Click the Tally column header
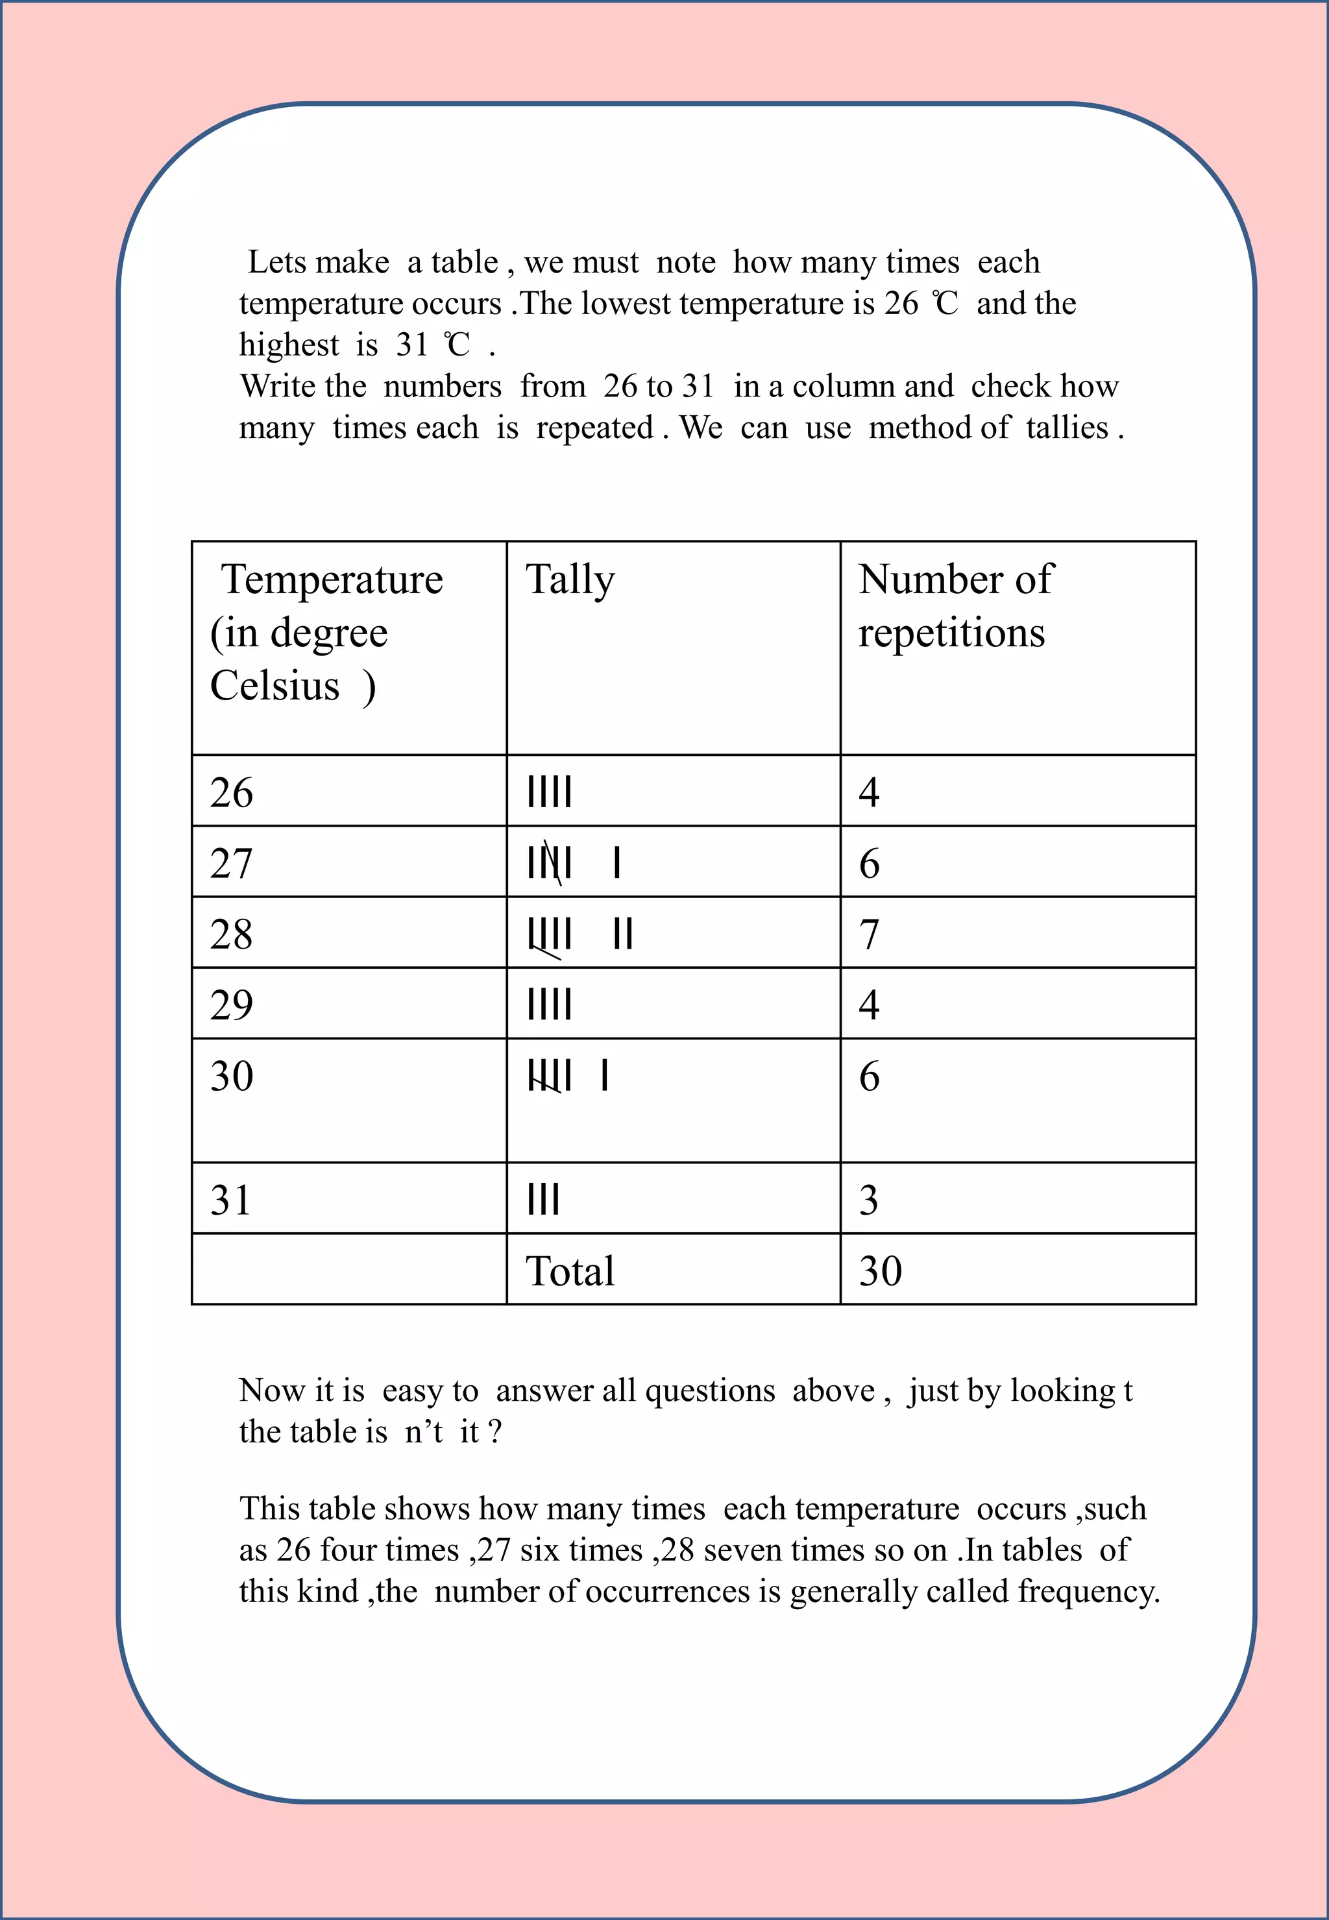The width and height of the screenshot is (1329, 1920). (570, 580)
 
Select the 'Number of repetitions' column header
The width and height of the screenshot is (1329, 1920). (955, 606)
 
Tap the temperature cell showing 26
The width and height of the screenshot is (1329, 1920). (232, 792)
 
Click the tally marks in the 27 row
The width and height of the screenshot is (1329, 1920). (573, 862)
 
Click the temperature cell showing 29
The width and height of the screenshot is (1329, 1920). (232, 1005)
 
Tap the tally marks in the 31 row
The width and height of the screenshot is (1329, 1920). (543, 1200)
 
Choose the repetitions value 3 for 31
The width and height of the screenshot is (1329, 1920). (868, 1200)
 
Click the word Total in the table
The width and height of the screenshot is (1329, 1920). (570, 1271)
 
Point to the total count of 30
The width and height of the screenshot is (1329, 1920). (880, 1271)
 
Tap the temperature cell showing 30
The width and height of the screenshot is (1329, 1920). (232, 1076)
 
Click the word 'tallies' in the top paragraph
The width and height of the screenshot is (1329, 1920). (1067, 428)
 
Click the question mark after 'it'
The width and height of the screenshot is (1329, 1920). (494, 1432)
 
